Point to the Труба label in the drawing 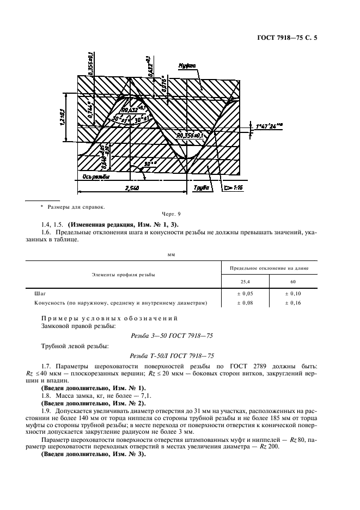tap(201, 188)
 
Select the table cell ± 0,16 tap(293, 302)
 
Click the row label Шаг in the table tap(40, 293)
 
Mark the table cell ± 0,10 tap(293, 293)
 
